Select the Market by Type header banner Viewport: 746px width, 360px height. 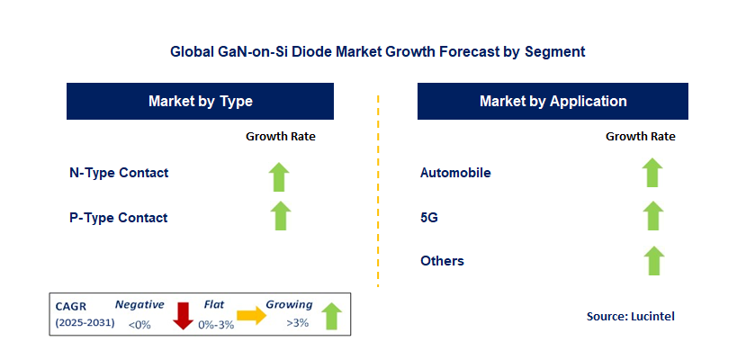coord(201,102)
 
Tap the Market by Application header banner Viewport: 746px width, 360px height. coord(553,102)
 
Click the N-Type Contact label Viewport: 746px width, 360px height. coord(119,173)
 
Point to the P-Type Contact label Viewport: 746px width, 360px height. coord(119,218)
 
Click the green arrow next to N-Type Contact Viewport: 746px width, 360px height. coord(281,175)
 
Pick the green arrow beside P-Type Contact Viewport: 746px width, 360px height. coord(281,216)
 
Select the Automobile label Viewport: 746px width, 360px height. coord(456,173)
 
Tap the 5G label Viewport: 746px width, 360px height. coord(429,217)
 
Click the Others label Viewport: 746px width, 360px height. coord(443,261)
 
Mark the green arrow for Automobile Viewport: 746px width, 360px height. coord(652,172)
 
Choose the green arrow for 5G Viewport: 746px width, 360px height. coord(652,216)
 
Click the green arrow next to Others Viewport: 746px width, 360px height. coord(652,261)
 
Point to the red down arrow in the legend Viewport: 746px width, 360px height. coord(184,316)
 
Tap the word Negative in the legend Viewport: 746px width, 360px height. coord(139,305)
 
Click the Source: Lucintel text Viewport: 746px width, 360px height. coord(629,316)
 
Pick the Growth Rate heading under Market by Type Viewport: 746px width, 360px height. coord(281,137)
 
